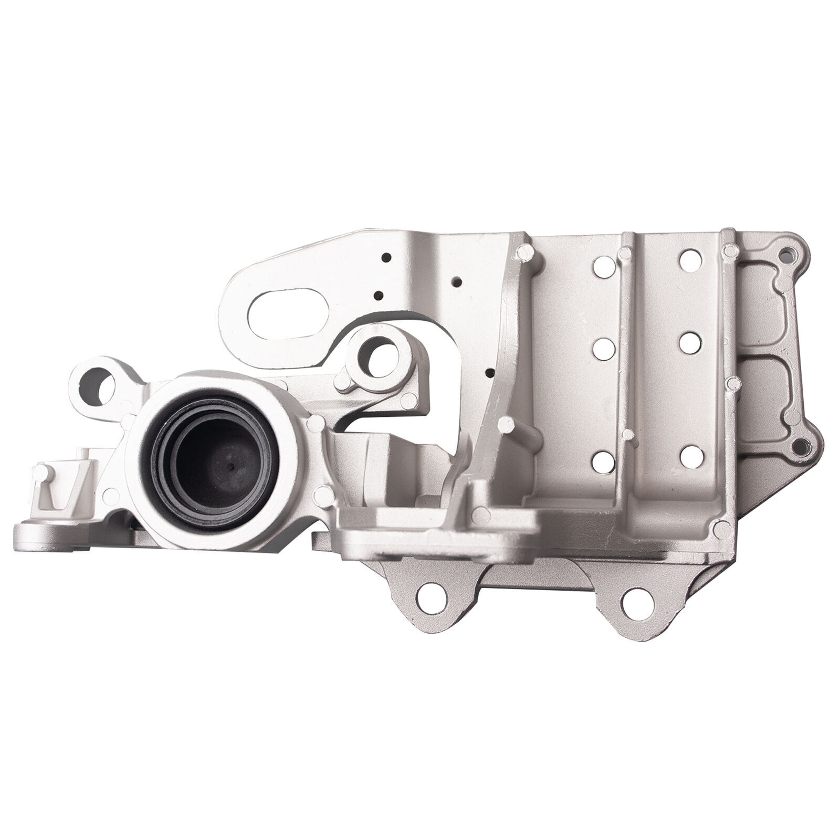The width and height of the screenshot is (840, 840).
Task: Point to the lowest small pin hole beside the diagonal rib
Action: pyautogui.click(x=490, y=373)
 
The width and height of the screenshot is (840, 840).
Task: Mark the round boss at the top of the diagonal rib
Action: pyautogui.click(x=522, y=255)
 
